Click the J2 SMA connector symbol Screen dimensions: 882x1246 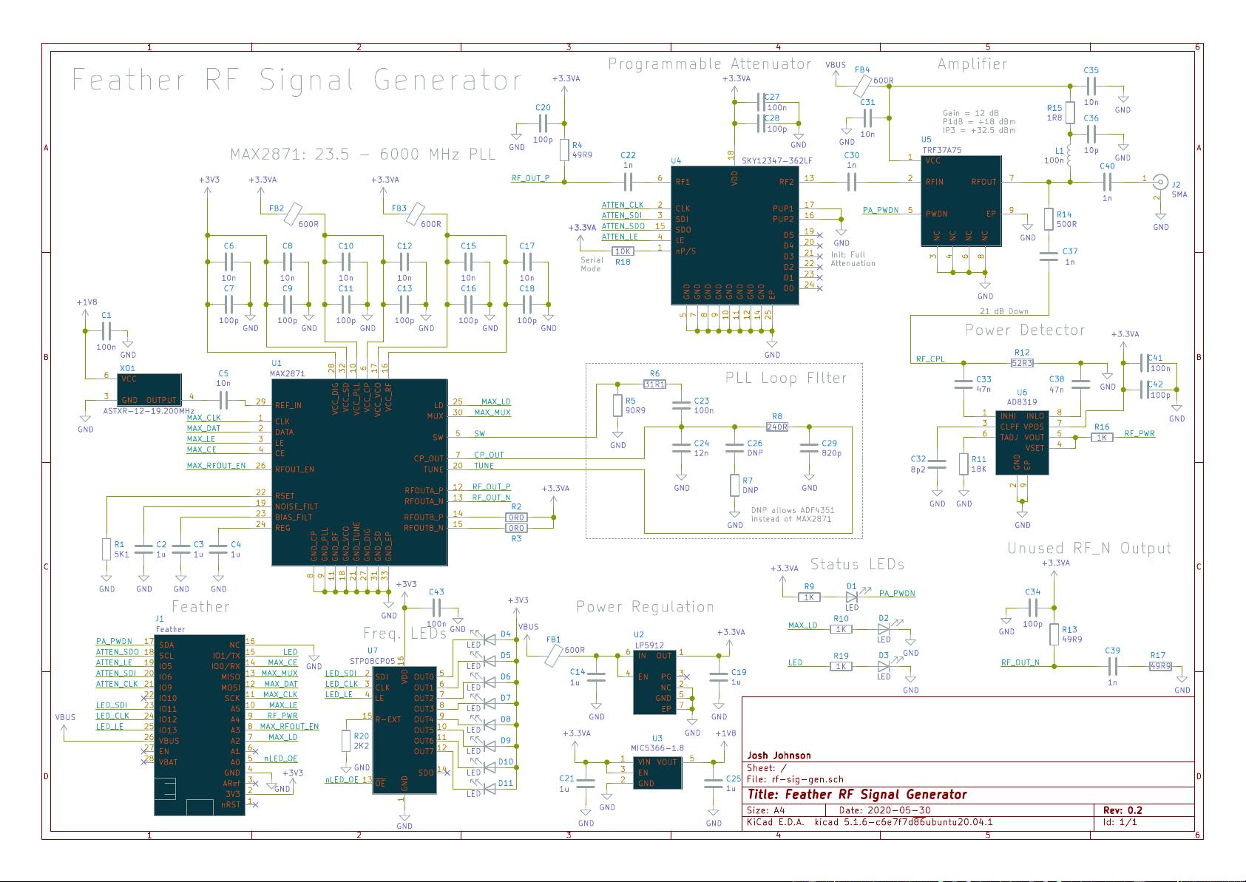[x=1162, y=182]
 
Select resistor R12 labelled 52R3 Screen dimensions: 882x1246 [x=1022, y=362]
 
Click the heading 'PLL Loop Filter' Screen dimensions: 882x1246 [x=785, y=379]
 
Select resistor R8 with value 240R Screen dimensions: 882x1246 [x=777, y=427]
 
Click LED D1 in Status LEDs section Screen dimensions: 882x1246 [x=852, y=597]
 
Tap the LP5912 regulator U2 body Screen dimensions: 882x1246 [x=654, y=681]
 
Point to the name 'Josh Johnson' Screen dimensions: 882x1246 [x=779, y=756]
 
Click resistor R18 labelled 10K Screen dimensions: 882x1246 [x=623, y=251]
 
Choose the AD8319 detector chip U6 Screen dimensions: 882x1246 [x=1021, y=441]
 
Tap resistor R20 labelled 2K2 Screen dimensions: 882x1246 [x=345, y=742]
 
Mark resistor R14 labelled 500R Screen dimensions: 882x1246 [x=1049, y=219]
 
